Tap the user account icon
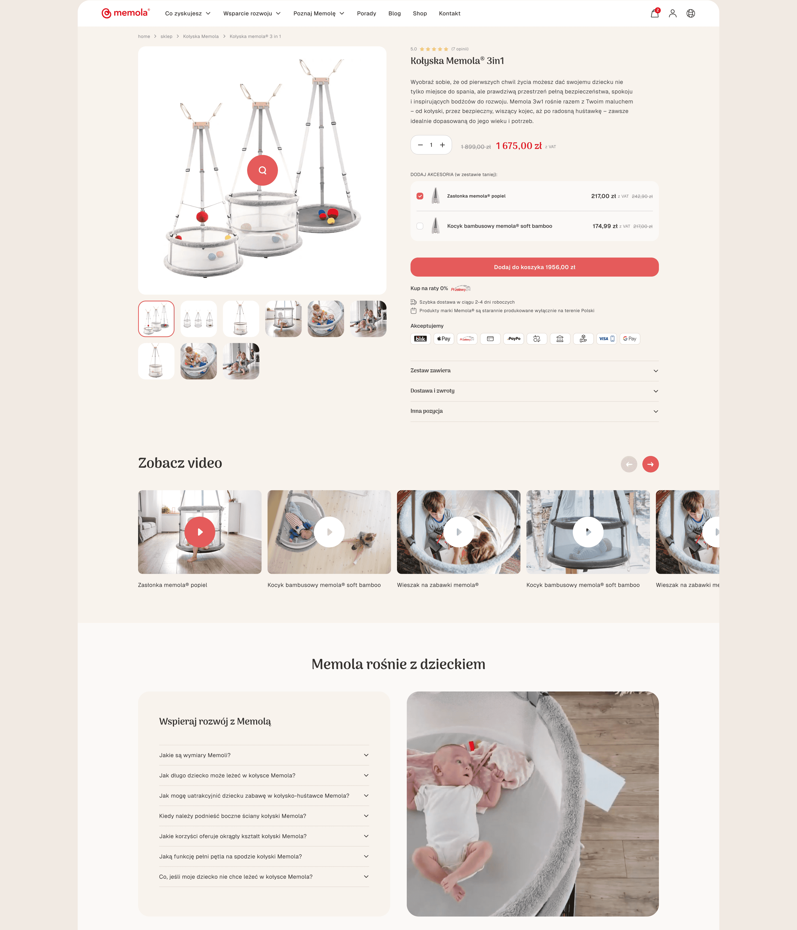(x=673, y=14)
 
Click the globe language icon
(x=690, y=14)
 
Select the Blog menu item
(x=394, y=14)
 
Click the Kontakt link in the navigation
(x=449, y=14)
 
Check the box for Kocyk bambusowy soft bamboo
(x=420, y=226)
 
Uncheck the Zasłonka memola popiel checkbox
(x=420, y=196)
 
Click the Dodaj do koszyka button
(x=534, y=267)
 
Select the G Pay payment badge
(x=630, y=339)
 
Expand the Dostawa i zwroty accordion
(x=534, y=391)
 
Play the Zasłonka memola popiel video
(x=200, y=532)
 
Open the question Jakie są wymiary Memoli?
(x=264, y=755)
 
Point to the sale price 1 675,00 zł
(x=519, y=146)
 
